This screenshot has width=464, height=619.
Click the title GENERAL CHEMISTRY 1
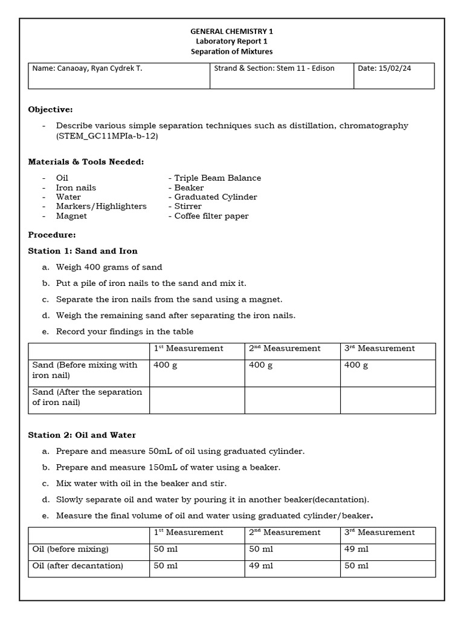[231, 31]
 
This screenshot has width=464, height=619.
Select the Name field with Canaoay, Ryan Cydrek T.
[88, 68]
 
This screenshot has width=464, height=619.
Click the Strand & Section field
[274, 68]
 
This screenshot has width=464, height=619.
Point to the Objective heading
[50, 109]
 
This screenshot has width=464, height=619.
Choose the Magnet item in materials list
[71, 216]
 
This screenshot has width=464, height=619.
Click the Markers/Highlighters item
[101, 206]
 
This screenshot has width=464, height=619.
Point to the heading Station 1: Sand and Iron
[83, 251]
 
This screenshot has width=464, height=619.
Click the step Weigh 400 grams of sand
[109, 267]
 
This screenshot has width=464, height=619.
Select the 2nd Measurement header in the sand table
[285, 348]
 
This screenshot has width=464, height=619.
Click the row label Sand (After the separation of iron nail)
[87, 397]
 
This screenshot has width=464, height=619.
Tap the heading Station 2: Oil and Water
[82, 435]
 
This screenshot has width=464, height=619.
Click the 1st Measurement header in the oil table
[188, 533]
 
